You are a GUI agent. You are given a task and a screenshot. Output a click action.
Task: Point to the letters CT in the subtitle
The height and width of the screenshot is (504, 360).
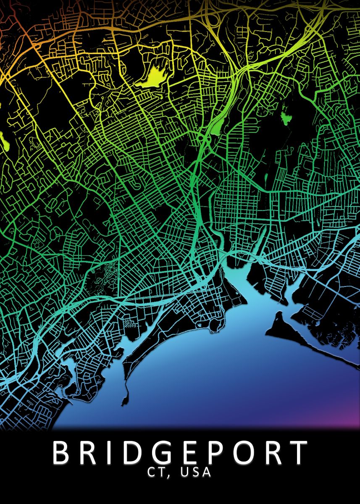(x=156, y=472)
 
